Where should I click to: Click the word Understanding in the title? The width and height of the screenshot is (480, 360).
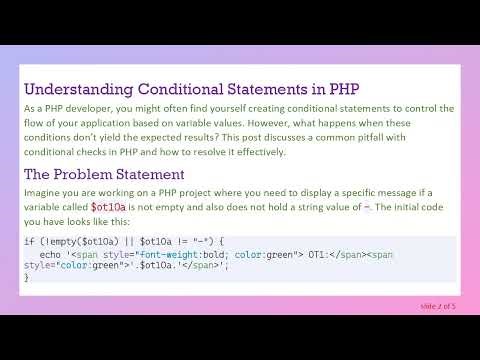tap(74, 89)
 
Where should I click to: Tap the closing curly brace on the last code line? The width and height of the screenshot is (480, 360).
tap(26, 277)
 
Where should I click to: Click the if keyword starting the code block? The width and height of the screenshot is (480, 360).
tap(28, 242)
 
